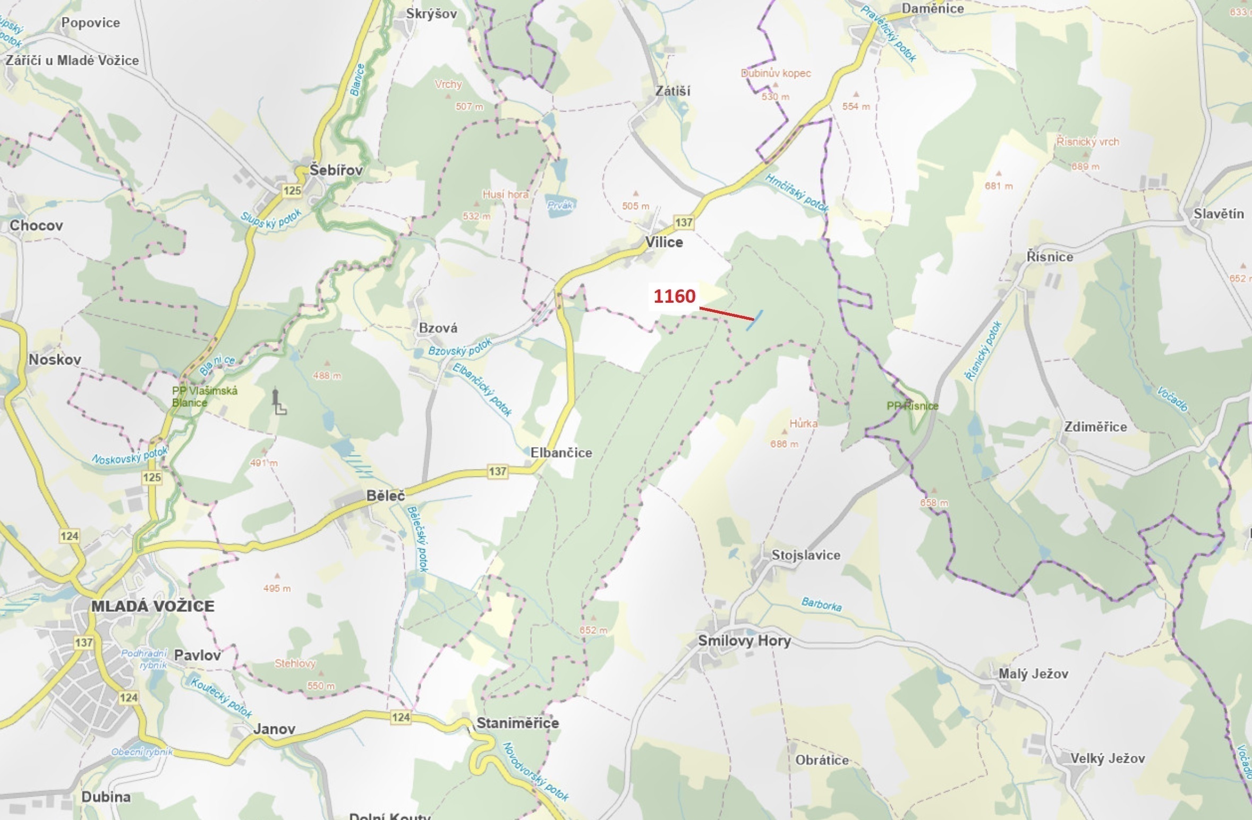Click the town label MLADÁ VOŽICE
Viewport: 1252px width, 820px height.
coord(152,606)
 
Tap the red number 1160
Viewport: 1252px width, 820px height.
coord(674,296)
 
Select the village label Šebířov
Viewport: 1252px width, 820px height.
coord(336,170)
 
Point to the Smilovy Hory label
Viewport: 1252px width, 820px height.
coord(744,640)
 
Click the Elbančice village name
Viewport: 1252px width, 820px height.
coord(561,452)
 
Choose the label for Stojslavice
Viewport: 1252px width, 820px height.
coord(806,555)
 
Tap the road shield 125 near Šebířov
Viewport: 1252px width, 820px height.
coord(292,191)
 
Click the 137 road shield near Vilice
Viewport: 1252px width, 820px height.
coord(684,223)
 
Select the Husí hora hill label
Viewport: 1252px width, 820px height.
coord(505,194)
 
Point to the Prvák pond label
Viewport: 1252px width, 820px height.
coord(560,205)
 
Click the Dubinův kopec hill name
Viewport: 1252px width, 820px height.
coord(776,73)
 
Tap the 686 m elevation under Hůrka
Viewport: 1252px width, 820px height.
coord(784,444)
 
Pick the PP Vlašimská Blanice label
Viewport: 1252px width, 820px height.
coord(205,396)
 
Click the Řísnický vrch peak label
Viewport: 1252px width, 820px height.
coord(1087,142)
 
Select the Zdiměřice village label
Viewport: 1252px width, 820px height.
coord(1095,427)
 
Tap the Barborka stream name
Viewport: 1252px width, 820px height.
coord(821,604)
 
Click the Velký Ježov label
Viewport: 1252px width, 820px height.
coord(1108,758)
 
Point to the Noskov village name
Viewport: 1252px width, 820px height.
coord(55,360)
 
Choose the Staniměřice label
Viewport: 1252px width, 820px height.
coord(517,723)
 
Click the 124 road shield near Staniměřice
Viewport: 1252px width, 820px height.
coord(401,717)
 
